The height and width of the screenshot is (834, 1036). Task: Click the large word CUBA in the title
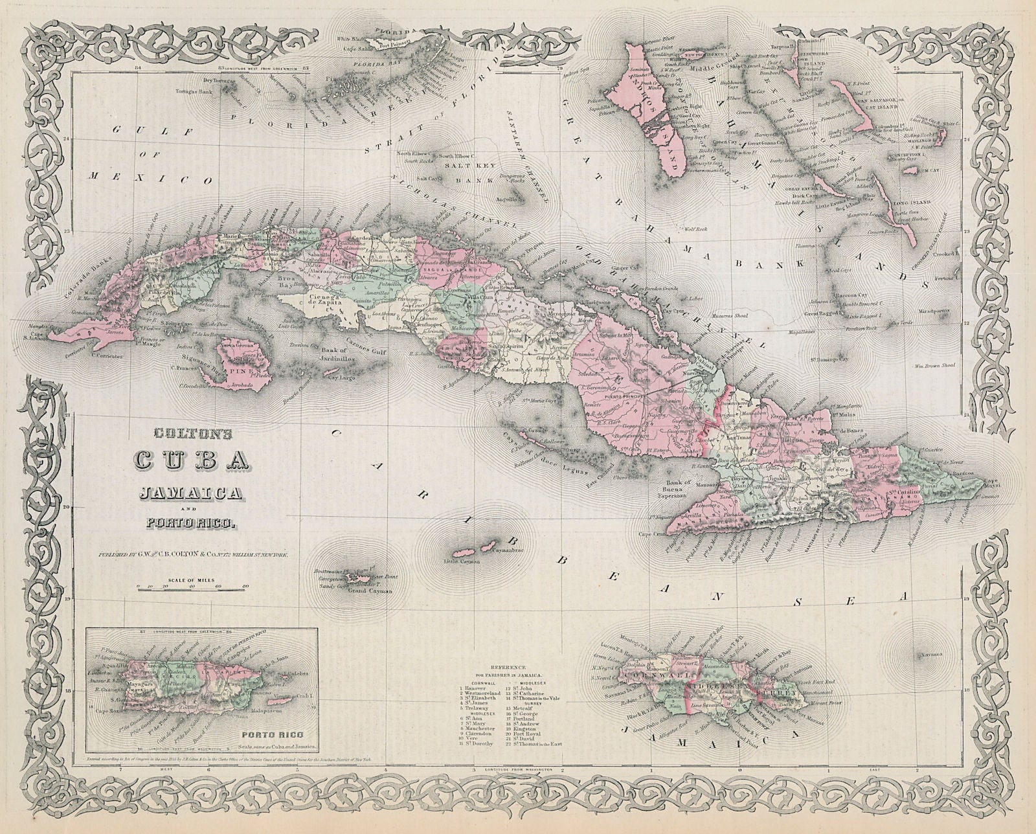tap(192, 460)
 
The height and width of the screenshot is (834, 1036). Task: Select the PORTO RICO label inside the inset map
tap(277, 735)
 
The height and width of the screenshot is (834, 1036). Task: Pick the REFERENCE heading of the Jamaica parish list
tap(511, 666)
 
